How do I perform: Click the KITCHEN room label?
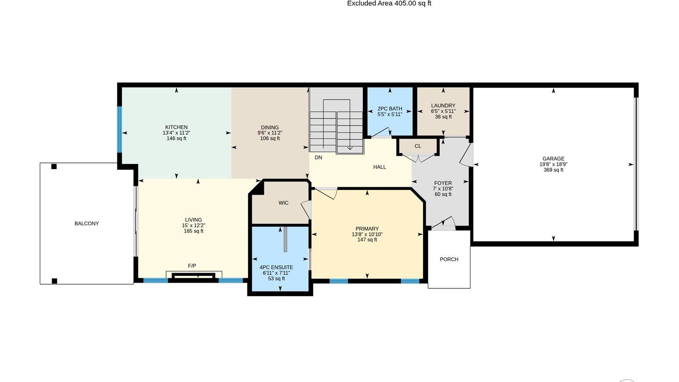pos(176,127)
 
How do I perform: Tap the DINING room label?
pos(270,128)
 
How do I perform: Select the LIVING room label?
pos(193,220)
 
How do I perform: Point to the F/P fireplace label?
pos(192,266)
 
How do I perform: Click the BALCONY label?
pos(87,224)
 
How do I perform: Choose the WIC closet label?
pos(283,203)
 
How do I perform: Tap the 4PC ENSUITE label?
pos(276,268)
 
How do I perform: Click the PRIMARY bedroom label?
pos(367,229)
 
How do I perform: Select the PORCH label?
pos(449,259)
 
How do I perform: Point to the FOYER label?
pos(443,183)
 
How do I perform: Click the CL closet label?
pos(418,146)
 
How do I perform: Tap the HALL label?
pos(379,167)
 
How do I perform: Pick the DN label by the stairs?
pos(318,157)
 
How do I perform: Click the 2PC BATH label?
pos(390,109)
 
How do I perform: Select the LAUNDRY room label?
pos(443,106)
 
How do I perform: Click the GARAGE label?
pos(553,159)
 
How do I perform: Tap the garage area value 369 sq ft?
pos(553,170)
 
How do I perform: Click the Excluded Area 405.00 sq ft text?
pos(389,4)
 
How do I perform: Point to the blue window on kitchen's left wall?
pos(120,129)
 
